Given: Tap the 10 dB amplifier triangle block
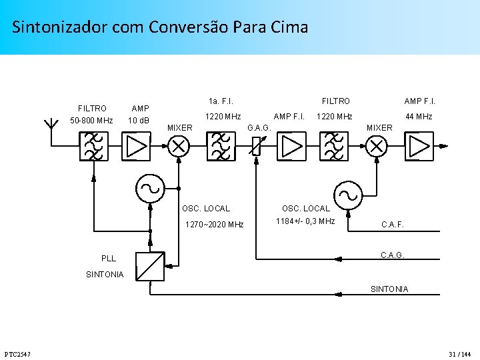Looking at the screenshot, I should (x=136, y=146).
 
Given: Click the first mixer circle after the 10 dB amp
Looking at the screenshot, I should (x=178, y=146).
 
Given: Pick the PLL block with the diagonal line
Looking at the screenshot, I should (x=150, y=265).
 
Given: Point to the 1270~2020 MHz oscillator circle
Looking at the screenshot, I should (x=151, y=188).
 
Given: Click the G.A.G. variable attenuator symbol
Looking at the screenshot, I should (x=256, y=146).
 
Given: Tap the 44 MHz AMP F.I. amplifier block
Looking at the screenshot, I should (x=419, y=145).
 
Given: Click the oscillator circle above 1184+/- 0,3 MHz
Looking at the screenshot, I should (x=349, y=195).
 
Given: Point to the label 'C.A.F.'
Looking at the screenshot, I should (x=392, y=225).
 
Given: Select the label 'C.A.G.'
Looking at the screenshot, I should (x=392, y=255).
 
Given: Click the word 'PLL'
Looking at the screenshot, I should (x=109, y=258).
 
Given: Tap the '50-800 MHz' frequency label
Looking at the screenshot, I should (x=92, y=121).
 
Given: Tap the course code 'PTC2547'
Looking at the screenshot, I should (x=17, y=353).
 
